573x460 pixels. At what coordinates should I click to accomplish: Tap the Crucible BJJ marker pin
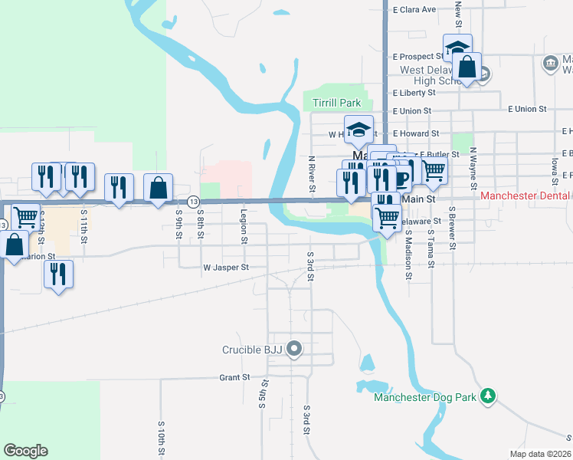pos(296,350)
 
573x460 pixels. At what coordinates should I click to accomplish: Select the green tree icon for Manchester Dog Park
pos(486,396)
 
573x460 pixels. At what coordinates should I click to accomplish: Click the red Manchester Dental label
pos(526,197)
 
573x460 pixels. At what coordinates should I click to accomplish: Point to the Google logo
pos(25,451)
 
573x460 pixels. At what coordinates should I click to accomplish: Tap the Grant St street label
pos(234,377)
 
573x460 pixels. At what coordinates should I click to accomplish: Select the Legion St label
pos(244,227)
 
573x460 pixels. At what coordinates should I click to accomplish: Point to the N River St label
pos(312,173)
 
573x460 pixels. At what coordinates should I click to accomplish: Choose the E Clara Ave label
pos(414,10)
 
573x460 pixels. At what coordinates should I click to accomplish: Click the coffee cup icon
pos(400,179)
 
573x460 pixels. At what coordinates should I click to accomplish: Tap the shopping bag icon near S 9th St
pos(158,188)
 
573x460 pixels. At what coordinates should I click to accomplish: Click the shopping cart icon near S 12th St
pos(25,217)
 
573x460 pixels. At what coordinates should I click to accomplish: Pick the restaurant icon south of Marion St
pos(58,274)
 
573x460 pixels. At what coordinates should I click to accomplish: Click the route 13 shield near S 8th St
pos(192,201)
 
